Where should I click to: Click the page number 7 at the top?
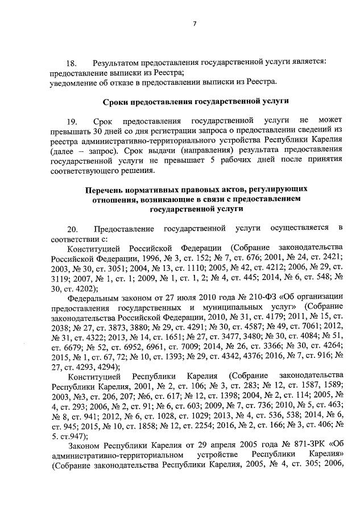pyautogui.click(x=195, y=23)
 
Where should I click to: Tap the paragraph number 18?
pyautogui.click(x=72, y=62)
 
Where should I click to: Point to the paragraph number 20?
pyautogui.click(x=72, y=229)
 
